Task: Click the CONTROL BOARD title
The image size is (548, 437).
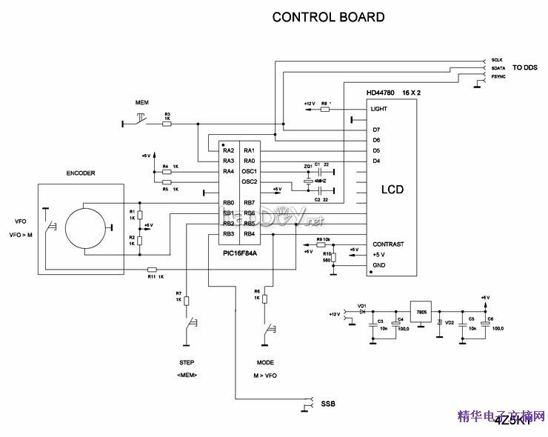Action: (x=328, y=16)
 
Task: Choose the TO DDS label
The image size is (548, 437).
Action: (x=524, y=67)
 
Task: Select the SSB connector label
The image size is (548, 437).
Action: (x=329, y=404)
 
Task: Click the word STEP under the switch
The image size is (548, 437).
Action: (x=187, y=364)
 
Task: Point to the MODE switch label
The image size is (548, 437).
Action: (x=265, y=364)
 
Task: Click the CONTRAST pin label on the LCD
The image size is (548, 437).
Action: (x=388, y=244)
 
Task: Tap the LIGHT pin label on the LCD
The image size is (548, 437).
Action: (x=379, y=109)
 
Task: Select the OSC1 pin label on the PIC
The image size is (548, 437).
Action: (x=250, y=171)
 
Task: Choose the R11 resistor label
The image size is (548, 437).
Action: (x=152, y=276)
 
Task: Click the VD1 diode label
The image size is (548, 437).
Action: (x=362, y=305)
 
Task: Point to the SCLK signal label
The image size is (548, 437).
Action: (x=497, y=59)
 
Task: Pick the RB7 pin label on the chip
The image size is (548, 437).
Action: (x=249, y=202)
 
